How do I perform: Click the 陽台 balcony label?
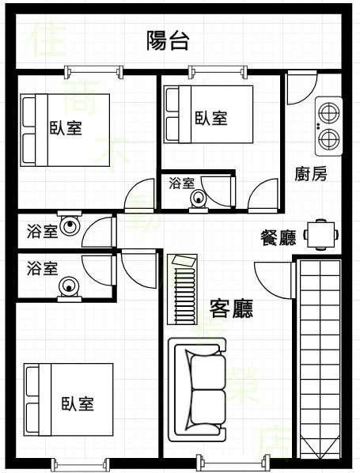168,40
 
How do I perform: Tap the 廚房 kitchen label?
310,174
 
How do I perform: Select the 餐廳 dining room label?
279,238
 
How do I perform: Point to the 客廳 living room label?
231,308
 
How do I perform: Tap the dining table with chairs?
320,235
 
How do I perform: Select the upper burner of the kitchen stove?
329,112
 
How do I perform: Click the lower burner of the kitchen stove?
329,139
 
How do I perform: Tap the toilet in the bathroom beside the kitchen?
199,200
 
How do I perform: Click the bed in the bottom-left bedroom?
69,399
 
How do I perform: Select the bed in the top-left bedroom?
65,130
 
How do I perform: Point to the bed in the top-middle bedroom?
208,115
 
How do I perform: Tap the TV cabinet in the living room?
182,289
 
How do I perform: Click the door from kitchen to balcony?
301,88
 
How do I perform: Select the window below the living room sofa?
232,462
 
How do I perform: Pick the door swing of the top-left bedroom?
139,194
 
